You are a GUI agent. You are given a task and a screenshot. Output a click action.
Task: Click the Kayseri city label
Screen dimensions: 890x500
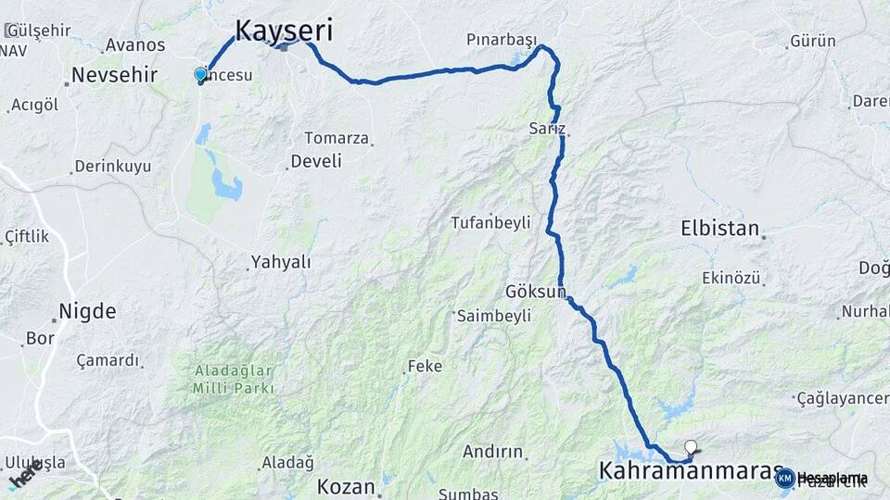click(283, 30)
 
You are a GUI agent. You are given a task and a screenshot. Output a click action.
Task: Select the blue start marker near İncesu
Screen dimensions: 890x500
click(200, 74)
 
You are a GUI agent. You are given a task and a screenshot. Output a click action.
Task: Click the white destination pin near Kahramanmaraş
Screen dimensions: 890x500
click(690, 446)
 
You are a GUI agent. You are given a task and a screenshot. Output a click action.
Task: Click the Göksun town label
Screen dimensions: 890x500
click(535, 291)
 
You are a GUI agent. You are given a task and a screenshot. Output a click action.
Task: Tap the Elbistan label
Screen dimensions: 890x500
click(719, 228)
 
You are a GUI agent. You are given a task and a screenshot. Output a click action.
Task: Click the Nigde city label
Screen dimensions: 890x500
click(87, 310)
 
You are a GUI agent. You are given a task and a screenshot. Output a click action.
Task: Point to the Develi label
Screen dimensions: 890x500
click(316, 161)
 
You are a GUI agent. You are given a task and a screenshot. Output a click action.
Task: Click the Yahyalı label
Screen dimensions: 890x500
click(282, 262)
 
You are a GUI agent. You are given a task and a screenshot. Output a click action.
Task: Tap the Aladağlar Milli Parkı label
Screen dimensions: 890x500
click(234, 380)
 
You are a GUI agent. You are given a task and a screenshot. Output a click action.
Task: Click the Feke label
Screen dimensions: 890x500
click(425, 367)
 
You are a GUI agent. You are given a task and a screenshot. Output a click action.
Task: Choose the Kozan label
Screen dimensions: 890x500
click(346, 486)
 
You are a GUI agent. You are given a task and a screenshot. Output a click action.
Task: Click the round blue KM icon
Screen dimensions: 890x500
click(784, 478)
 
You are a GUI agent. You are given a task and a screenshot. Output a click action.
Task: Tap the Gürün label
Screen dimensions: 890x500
click(812, 42)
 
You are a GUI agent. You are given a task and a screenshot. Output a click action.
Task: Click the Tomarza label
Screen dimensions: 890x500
click(337, 138)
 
